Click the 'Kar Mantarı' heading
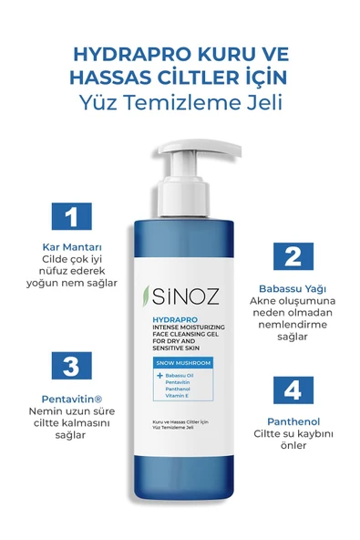[67, 247]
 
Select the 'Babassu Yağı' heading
[291, 286]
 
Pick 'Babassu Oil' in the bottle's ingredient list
[180, 375]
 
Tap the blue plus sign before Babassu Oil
[159, 375]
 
